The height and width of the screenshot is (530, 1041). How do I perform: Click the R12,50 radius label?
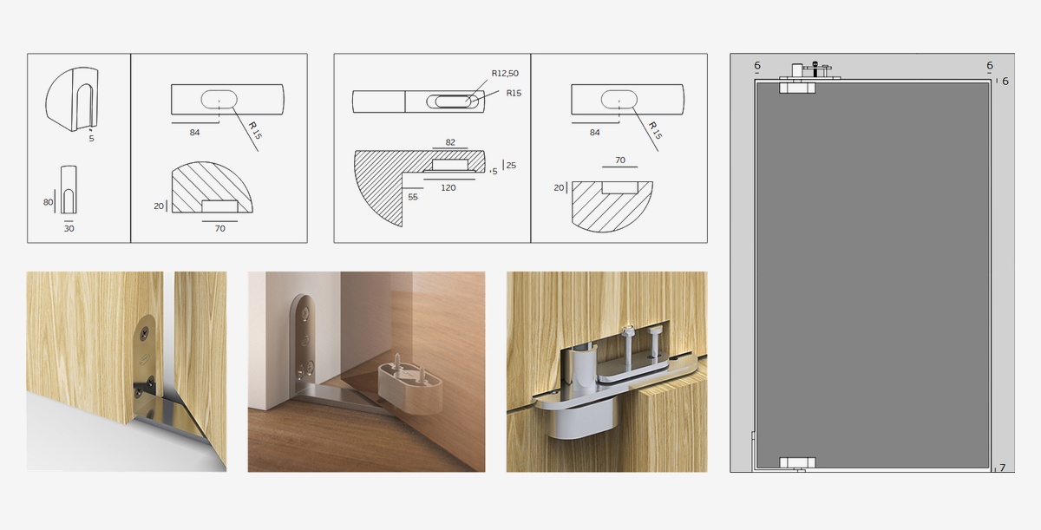pos(505,74)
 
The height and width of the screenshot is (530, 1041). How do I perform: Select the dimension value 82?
pos(450,142)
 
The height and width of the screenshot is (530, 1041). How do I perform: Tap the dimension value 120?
pos(448,187)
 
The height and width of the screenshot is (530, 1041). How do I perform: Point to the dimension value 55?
pos(413,197)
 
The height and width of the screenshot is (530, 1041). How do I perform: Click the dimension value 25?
pos(511,166)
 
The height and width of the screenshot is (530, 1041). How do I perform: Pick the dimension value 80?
pos(48,202)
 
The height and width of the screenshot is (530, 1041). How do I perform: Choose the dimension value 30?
pos(69,228)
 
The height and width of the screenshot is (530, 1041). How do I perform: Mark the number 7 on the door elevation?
pos(1003,468)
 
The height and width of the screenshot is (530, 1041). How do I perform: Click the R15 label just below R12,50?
pos(514,94)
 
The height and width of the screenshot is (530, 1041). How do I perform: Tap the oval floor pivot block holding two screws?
pos(409,389)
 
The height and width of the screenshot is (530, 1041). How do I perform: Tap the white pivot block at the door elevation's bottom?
pos(797,462)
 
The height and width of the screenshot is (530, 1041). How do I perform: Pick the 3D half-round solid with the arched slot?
pos(72,99)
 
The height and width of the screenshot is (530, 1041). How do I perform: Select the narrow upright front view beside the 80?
pos(69,189)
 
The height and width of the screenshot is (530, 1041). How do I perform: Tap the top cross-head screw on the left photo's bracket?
pos(144,331)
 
